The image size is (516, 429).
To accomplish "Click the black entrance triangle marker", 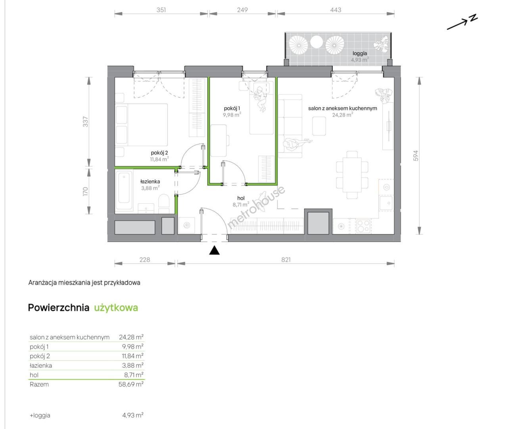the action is click(x=214, y=250).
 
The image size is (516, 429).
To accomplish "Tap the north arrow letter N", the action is click(x=474, y=18).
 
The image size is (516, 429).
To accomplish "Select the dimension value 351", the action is click(x=161, y=10).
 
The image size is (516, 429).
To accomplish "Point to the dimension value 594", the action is click(x=416, y=156).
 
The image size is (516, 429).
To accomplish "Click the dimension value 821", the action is click(x=286, y=260).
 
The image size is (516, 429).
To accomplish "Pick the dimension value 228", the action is click(x=145, y=260).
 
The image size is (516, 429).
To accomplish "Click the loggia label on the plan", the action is click(x=360, y=53).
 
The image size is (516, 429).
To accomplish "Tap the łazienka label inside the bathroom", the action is click(x=150, y=182).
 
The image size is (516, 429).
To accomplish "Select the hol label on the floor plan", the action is click(x=241, y=198).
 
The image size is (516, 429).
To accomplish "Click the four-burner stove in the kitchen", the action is click(x=363, y=226).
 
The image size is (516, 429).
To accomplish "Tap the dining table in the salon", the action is click(x=352, y=175).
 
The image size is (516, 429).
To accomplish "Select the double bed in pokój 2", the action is click(x=142, y=125).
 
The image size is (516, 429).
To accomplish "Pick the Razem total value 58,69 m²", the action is click(x=131, y=385).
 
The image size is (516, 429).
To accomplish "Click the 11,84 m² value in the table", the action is click(x=133, y=356).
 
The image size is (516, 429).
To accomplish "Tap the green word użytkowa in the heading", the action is click(x=116, y=308).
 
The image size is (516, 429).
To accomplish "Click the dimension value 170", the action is click(x=85, y=191).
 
